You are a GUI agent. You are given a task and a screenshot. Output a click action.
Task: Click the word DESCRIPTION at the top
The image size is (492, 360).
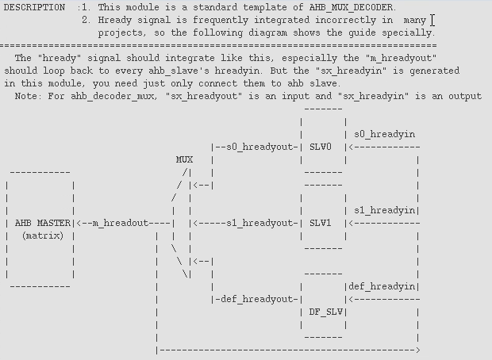click(34, 7)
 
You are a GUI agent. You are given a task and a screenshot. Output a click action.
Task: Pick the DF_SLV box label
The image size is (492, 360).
click(325, 312)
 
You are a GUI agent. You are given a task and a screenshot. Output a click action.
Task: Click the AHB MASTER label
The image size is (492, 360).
click(43, 223)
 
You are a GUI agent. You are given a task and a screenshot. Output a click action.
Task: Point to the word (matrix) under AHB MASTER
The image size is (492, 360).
click(43, 236)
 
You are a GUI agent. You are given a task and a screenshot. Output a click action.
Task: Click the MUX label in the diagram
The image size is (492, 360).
click(184, 159)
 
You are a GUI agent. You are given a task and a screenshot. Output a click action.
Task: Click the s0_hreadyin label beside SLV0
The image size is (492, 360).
click(384, 134)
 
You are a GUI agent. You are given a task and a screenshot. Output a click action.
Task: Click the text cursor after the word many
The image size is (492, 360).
click(433, 20)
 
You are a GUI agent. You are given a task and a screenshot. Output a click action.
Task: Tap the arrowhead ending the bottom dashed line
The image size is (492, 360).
click(417, 350)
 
